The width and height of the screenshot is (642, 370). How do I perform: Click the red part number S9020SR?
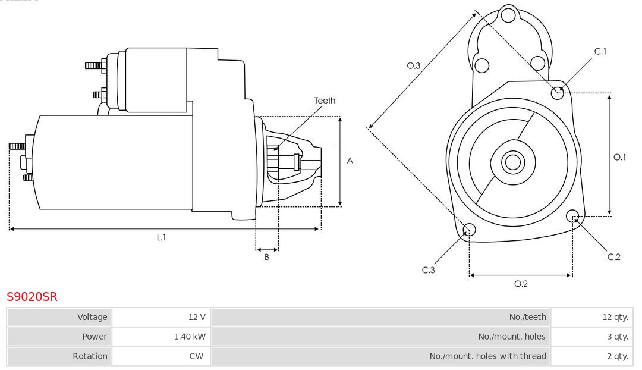coord(32,296)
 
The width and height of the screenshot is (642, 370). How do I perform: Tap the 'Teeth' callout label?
coord(325,101)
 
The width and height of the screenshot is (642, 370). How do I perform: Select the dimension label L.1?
coord(161,237)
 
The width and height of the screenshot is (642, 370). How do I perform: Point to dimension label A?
coord(350,161)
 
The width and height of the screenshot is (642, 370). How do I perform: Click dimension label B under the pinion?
coord(267,257)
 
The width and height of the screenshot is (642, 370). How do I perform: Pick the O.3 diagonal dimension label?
coord(414,66)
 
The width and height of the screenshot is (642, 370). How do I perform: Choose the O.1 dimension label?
coord(620,157)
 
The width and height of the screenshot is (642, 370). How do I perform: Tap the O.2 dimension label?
coord(521,284)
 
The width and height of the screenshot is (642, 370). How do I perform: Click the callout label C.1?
coord(600,52)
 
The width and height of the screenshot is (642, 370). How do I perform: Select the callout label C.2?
coord(614,256)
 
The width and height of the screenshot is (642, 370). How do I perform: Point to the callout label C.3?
coord(429,270)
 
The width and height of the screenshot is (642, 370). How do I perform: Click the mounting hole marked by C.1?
coord(558,92)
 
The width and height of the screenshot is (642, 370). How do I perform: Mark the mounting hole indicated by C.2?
coord(573,215)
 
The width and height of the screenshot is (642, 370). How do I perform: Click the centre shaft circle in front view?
coord(512,162)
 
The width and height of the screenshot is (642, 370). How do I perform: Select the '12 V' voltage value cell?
coord(161,317)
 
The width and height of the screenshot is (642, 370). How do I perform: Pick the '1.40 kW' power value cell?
coord(161,337)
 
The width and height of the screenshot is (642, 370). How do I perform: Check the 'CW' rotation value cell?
coord(161,356)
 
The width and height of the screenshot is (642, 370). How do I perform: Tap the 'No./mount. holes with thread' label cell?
coord(381,356)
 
